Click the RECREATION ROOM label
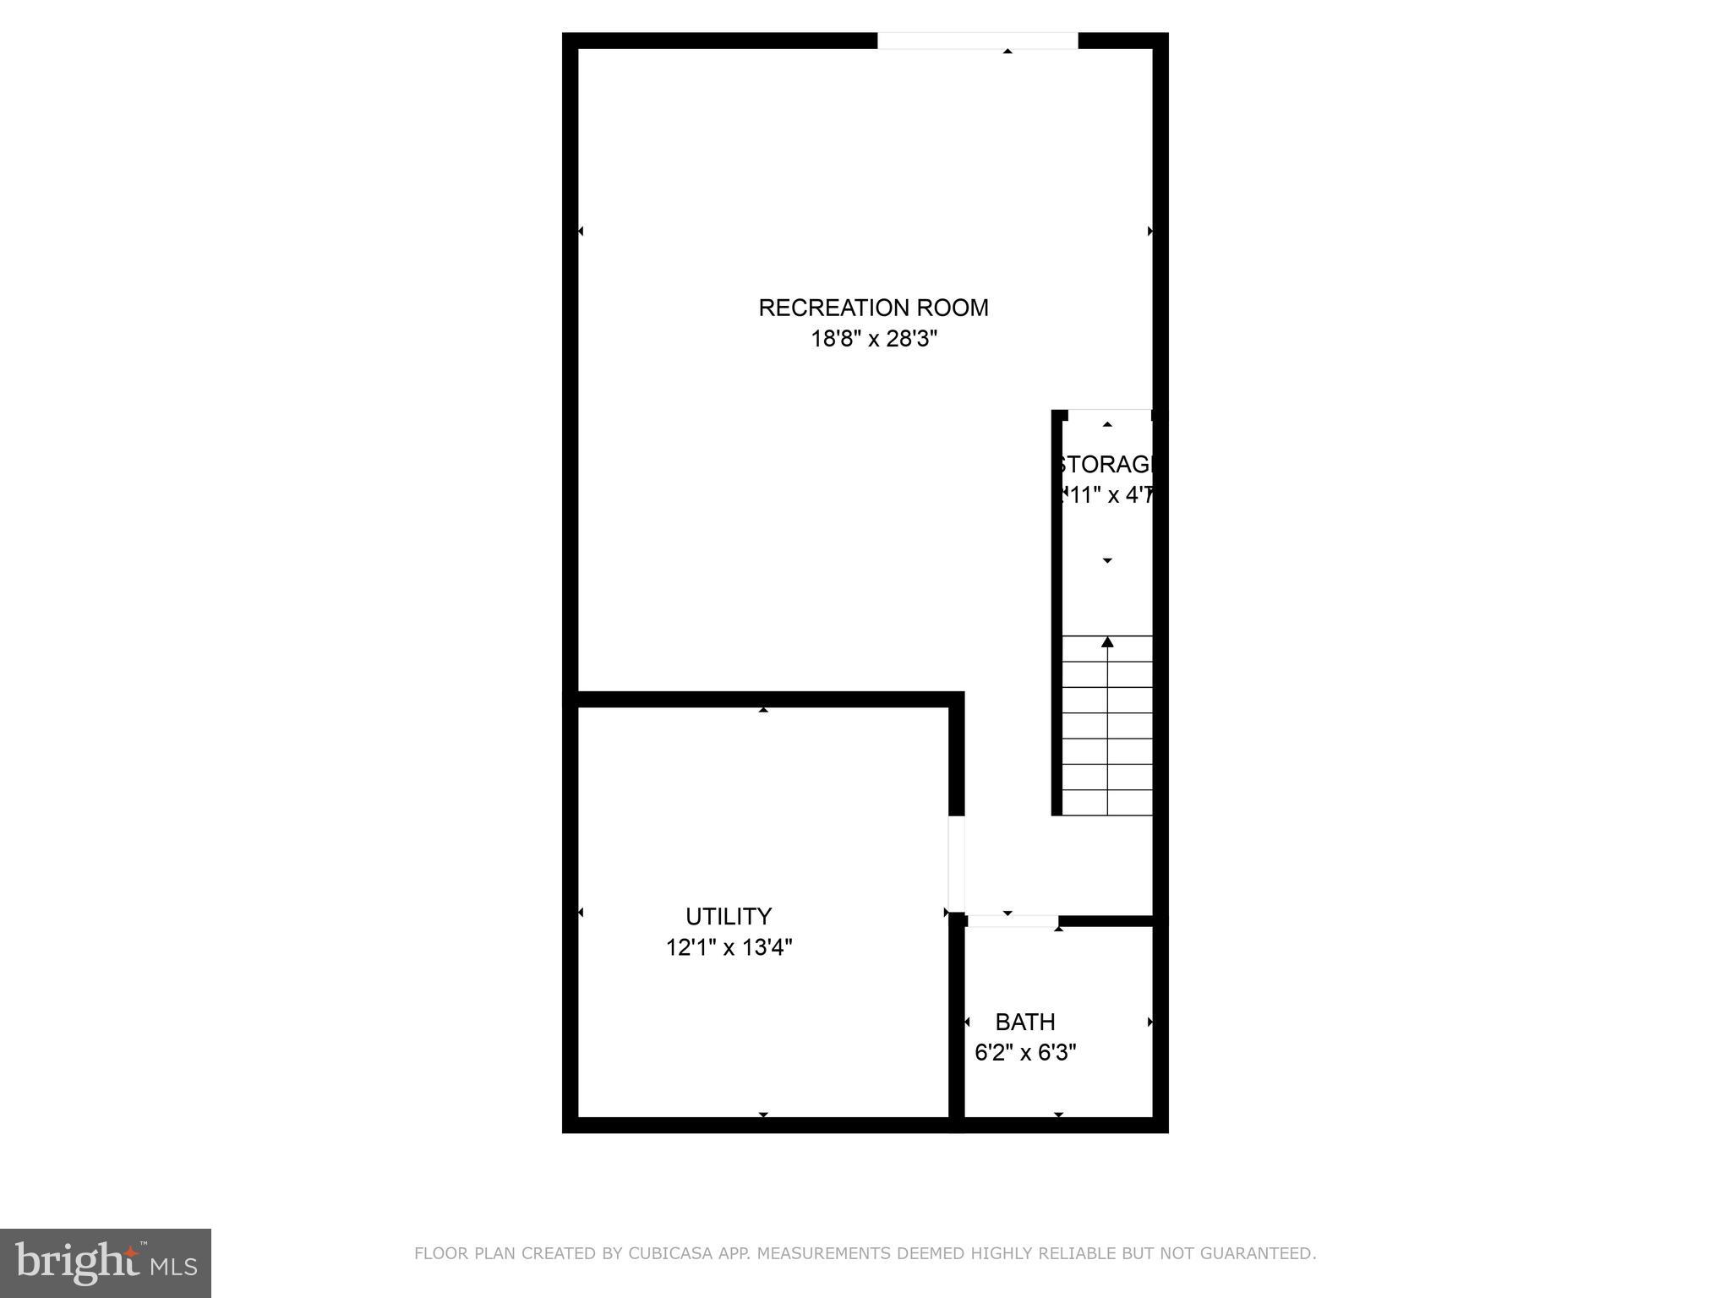(x=873, y=308)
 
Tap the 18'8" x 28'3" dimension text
(x=874, y=339)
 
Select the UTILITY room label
(x=728, y=916)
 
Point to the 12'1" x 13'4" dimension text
(x=729, y=947)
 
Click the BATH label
(x=1024, y=1022)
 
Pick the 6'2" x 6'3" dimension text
(x=1024, y=1053)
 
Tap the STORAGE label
(x=1106, y=465)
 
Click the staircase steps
(x=1106, y=727)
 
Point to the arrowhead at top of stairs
(x=1107, y=643)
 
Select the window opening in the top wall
(x=977, y=41)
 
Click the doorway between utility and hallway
(x=956, y=864)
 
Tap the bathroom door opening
(x=1012, y=921)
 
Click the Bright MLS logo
(x=106, y=1263)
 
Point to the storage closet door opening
(x=1109, y=414)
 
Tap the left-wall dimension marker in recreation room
(x=581, y=231)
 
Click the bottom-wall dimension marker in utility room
(x=763, y=1115)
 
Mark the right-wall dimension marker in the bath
(x=1149, y=1023)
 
